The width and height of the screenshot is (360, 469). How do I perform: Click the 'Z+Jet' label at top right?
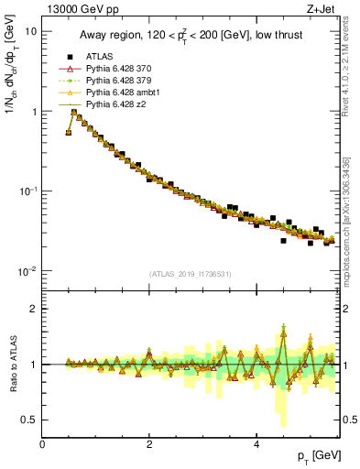(x=322, y=9)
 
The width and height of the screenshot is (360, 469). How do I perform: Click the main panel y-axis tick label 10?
(x=30, y=31)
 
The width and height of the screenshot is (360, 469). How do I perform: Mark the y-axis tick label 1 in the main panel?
(x=34, y=112)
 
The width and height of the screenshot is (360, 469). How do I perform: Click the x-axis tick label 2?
(x=149, y=444)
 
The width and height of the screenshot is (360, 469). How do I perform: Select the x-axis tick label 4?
(x=256, y=444)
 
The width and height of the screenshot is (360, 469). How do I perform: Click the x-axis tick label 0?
(x=42, y=444)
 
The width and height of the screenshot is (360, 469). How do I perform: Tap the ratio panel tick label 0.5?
(x=29, y=420)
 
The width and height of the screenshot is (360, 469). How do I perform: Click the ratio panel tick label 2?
(x=34, y=309)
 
